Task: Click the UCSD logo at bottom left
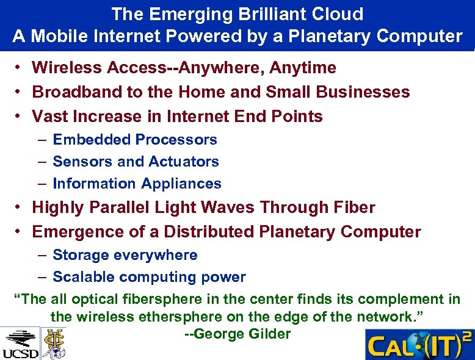point(20,344)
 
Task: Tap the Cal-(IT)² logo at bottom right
point(419,345)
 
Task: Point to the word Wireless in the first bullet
point(67,68)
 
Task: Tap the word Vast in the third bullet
point(50,117)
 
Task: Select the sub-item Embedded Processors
point(135,140)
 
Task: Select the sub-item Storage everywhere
point(125,255)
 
